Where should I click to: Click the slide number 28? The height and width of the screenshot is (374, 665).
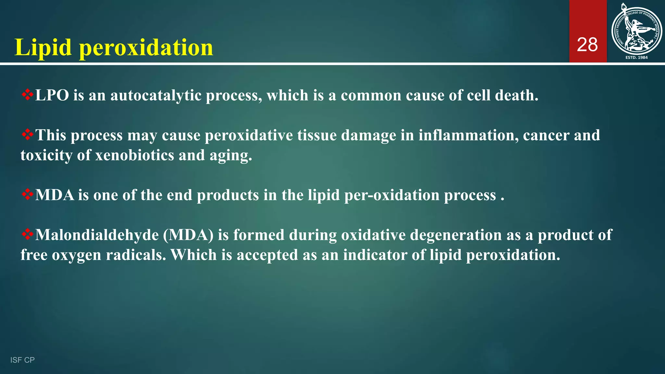[587, 45]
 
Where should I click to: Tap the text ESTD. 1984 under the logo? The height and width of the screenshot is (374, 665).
[636, 57]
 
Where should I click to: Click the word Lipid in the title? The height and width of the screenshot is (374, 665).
[43, 47]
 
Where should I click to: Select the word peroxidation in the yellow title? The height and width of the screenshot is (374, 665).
[146, 47]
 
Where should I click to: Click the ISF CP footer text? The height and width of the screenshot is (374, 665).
[22, 360]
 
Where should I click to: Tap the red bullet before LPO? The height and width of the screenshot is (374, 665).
[28, 95]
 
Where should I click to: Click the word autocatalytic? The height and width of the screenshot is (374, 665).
[156, 95]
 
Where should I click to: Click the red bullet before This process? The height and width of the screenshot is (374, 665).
[28, 135]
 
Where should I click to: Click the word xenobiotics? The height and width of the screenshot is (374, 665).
[135, 155]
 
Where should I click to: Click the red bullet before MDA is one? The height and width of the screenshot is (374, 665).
[28, 194]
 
